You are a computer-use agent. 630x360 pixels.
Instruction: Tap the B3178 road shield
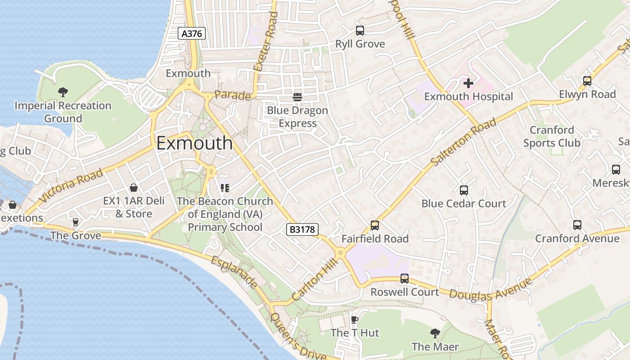pos(302,229)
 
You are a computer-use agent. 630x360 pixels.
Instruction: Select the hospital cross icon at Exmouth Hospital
pos(468,83)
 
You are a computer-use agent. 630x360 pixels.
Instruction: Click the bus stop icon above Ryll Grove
pos(360,31)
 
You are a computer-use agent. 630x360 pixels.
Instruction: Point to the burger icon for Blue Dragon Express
pos(297,97)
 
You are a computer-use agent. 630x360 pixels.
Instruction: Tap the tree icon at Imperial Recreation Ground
pos(63,92)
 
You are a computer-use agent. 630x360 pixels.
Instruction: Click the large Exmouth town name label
pos(194,143)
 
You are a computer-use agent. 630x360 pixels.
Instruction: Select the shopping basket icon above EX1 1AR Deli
pos(134,188)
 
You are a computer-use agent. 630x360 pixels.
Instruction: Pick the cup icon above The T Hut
pos(355,319)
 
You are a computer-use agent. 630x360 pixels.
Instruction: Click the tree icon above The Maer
pos(435,333)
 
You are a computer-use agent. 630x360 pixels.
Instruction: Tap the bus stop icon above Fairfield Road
pos(375,225)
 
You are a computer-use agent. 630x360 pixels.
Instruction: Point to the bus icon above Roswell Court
pos(405,279)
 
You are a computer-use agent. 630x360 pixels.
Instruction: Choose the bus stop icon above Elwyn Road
pos(587,81)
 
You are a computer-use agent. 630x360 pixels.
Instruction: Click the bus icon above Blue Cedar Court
pos(464,190)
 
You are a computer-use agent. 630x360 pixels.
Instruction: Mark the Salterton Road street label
pos(463,142)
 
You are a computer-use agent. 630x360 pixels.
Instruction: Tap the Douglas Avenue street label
pos(490,289)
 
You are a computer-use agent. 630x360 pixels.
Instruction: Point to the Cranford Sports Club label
pos(552,136)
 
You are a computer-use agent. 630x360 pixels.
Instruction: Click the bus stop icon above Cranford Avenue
pos(577,225)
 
